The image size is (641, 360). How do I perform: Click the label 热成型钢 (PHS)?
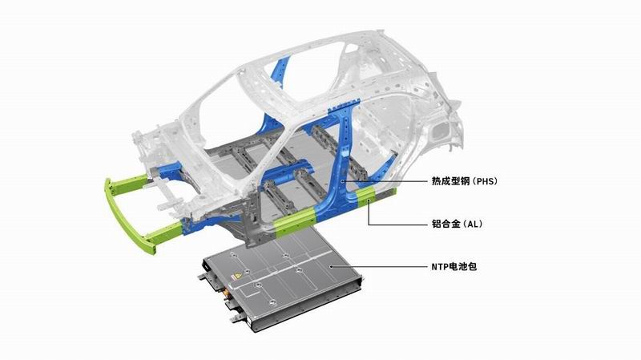coord(465,181)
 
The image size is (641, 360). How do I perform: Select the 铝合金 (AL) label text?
coord(457,224)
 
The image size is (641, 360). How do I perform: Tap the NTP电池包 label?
coord(454,267)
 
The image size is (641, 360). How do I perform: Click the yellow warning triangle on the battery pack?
coord(235,277)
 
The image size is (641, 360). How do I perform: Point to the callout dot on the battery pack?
coord(331,267)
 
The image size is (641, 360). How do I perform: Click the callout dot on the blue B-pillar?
coord(343,180)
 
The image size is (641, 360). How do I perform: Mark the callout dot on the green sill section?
coord(369,200)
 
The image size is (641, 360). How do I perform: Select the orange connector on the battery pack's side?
coord(225,293)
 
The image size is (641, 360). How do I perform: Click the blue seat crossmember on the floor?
coord(288,174)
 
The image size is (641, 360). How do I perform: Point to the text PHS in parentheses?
coord(486,181)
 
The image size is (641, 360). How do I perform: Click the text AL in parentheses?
coord(474,224)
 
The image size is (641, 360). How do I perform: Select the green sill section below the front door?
coord(294,221)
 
